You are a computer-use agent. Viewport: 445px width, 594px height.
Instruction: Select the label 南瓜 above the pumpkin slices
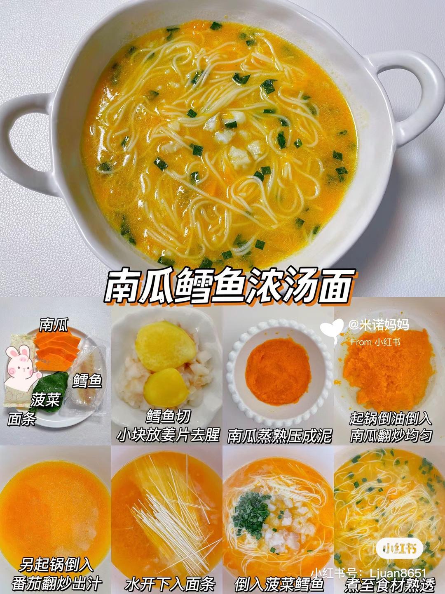54,325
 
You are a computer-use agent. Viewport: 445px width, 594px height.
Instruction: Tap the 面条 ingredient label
21,419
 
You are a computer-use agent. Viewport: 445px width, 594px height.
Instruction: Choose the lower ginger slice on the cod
166,388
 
